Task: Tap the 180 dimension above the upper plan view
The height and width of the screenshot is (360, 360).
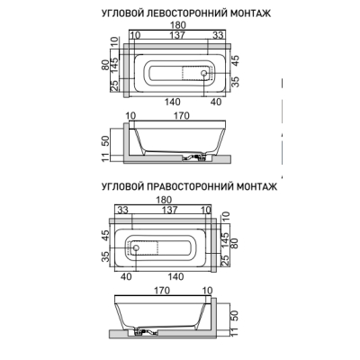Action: pos(178,25)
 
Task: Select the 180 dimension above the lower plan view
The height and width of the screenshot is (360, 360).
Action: pos(164,200)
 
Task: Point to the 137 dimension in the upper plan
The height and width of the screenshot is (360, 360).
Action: pos(177,35)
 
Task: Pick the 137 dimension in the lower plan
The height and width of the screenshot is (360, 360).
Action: pos(170,210)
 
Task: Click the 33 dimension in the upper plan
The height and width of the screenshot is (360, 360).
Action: pos(218,35)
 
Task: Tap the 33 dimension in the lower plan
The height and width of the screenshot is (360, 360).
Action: pos(122,210)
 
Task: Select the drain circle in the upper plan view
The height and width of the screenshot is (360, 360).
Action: pos(204,73)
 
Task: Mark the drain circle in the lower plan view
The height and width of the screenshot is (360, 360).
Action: pos(136,247)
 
